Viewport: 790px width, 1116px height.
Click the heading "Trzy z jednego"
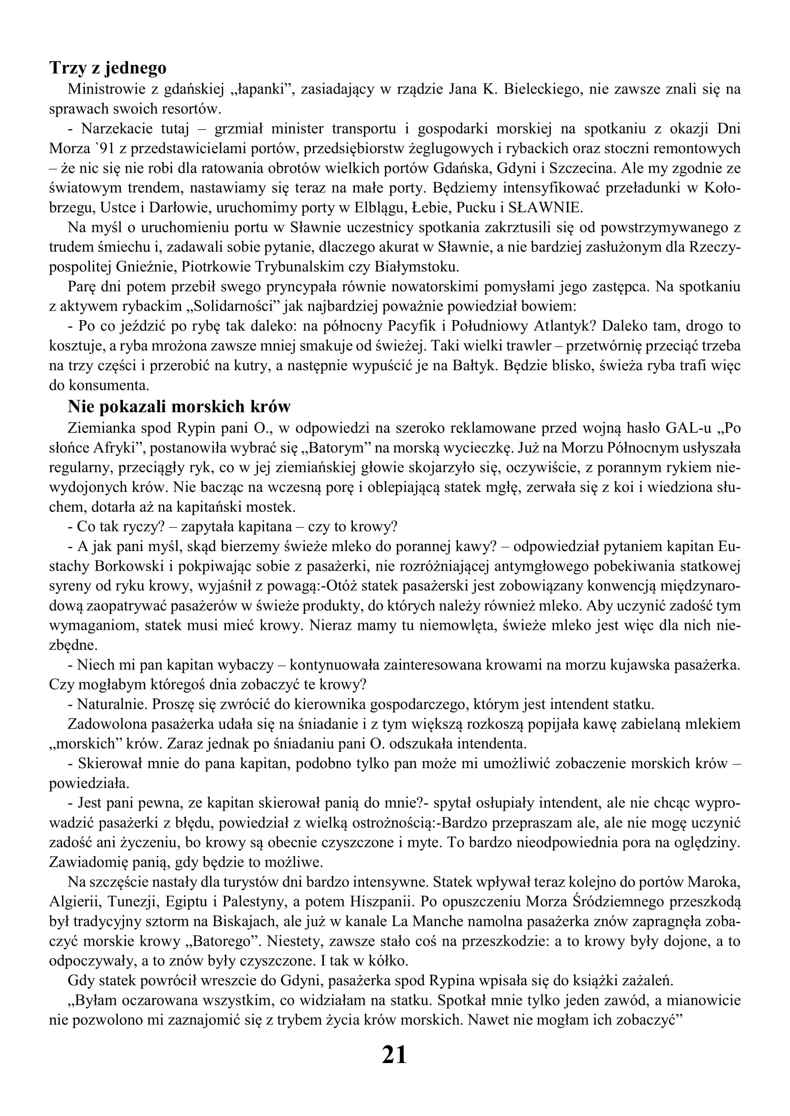point(107,68)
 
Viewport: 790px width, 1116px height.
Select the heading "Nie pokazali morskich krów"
point(179,407)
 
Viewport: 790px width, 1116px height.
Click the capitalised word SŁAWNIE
point(545,208)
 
